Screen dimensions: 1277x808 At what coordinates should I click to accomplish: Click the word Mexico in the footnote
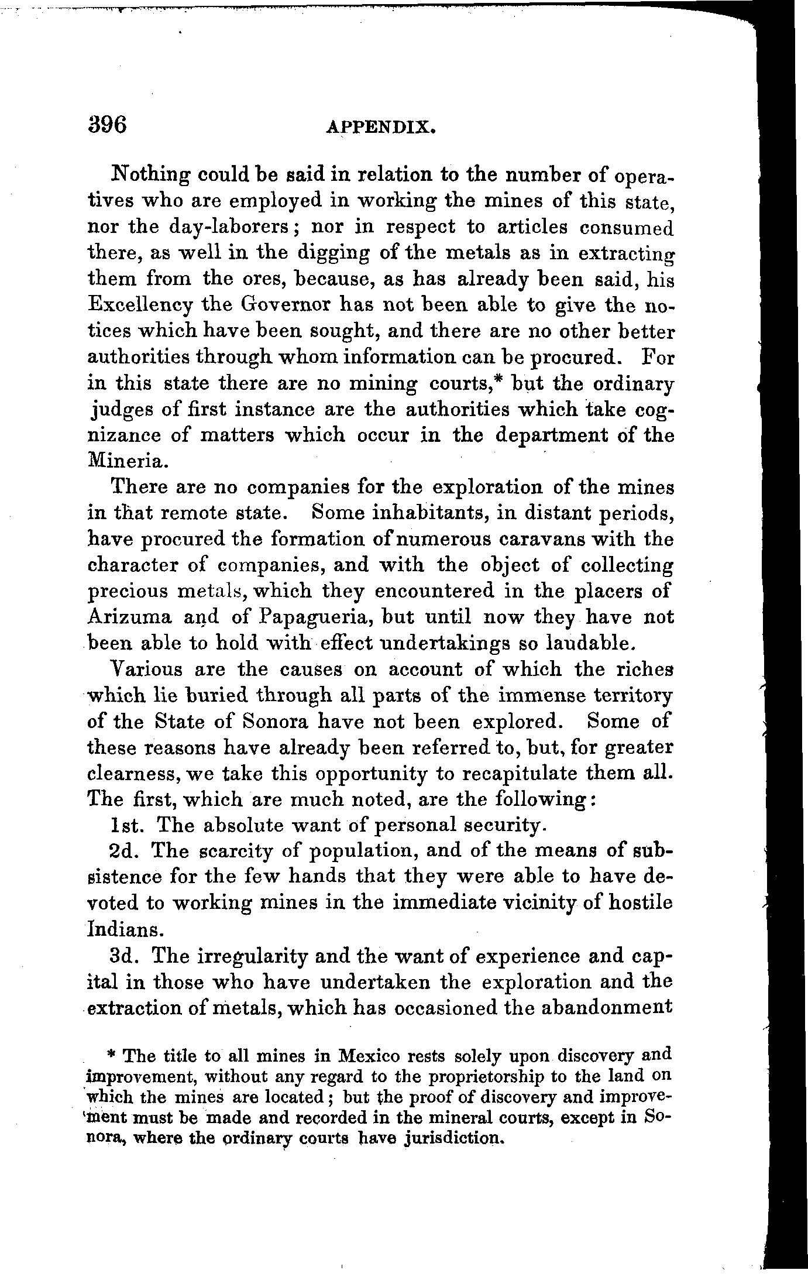pyautogui.click(x=370, y=1056)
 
